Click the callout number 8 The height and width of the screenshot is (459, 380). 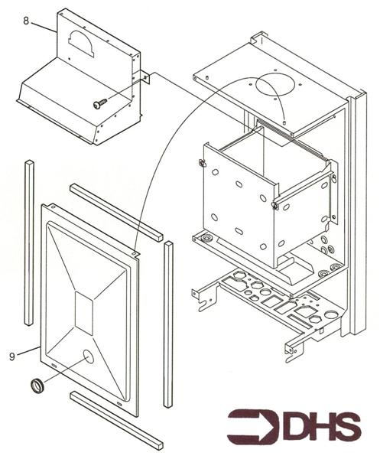click(x=26, y=21)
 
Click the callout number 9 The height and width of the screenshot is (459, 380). click(x=13, y=355)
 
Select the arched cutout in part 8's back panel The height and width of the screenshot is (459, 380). click(x=83, y=44)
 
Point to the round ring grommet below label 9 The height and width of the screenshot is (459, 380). click(x=36, y=384)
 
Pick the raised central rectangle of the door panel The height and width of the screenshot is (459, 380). click(x=84, y=314)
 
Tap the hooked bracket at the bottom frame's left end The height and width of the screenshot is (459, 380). click(x=201, y=299)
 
